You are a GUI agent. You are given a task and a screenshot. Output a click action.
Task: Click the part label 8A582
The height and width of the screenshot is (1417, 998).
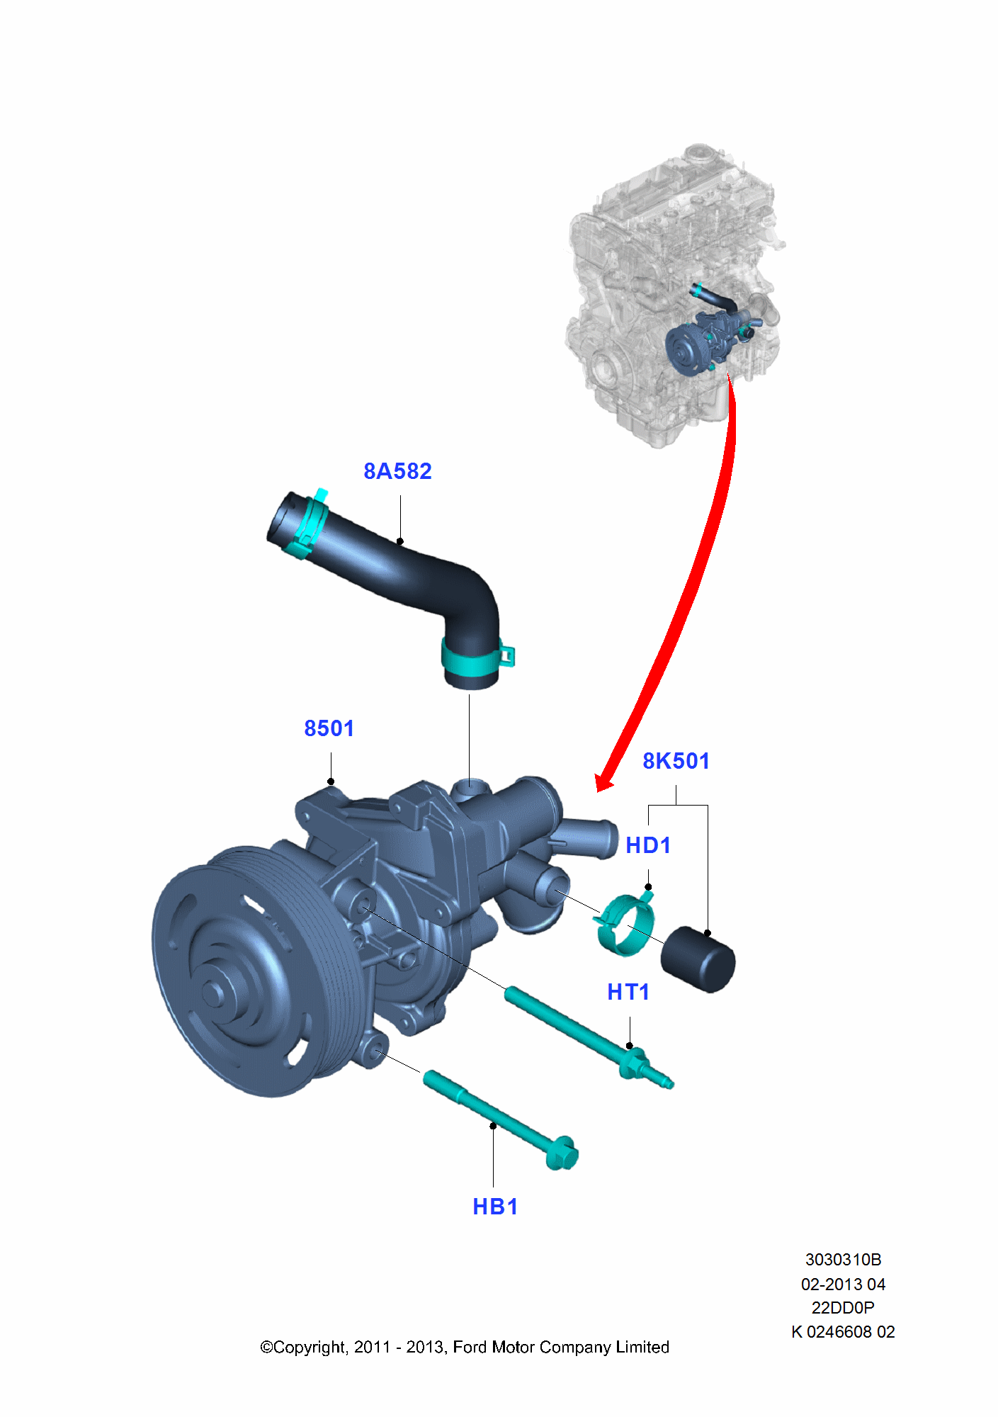tap(397, 471)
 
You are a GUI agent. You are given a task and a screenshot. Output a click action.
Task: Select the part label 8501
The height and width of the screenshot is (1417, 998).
tap(329, 728)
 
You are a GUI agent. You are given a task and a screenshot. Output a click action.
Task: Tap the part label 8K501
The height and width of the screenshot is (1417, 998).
tap(676, 761)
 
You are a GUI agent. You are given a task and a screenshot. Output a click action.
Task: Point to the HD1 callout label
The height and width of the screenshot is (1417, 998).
tap(647, 845)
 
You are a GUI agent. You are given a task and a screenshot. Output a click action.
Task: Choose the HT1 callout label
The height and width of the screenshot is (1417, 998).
tap(628, 992)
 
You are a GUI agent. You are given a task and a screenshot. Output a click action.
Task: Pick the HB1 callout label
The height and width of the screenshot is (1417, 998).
tap(495, 1207)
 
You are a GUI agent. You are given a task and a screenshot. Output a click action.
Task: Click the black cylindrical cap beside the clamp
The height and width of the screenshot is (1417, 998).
tap(698, 959)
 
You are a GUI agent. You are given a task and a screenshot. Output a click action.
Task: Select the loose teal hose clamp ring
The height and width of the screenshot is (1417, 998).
tap(624, 924)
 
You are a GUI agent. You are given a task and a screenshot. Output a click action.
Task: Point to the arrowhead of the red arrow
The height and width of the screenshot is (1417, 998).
tap(603, 782)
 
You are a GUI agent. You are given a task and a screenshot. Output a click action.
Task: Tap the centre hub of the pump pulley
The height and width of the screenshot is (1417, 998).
tap(214, 992)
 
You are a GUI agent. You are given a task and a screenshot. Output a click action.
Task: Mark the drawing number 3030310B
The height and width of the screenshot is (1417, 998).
tap(843, 1260)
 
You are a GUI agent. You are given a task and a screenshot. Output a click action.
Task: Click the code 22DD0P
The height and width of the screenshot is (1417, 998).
tap(843, 1307)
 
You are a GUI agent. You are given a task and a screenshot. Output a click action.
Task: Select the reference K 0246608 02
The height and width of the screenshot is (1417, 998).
tap(843, 1332)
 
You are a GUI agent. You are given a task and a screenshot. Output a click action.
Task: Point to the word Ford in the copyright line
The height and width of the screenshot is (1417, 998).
tap(469, 1347)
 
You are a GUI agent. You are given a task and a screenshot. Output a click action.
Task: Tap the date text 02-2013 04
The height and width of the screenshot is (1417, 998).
tap(843, 1284)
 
